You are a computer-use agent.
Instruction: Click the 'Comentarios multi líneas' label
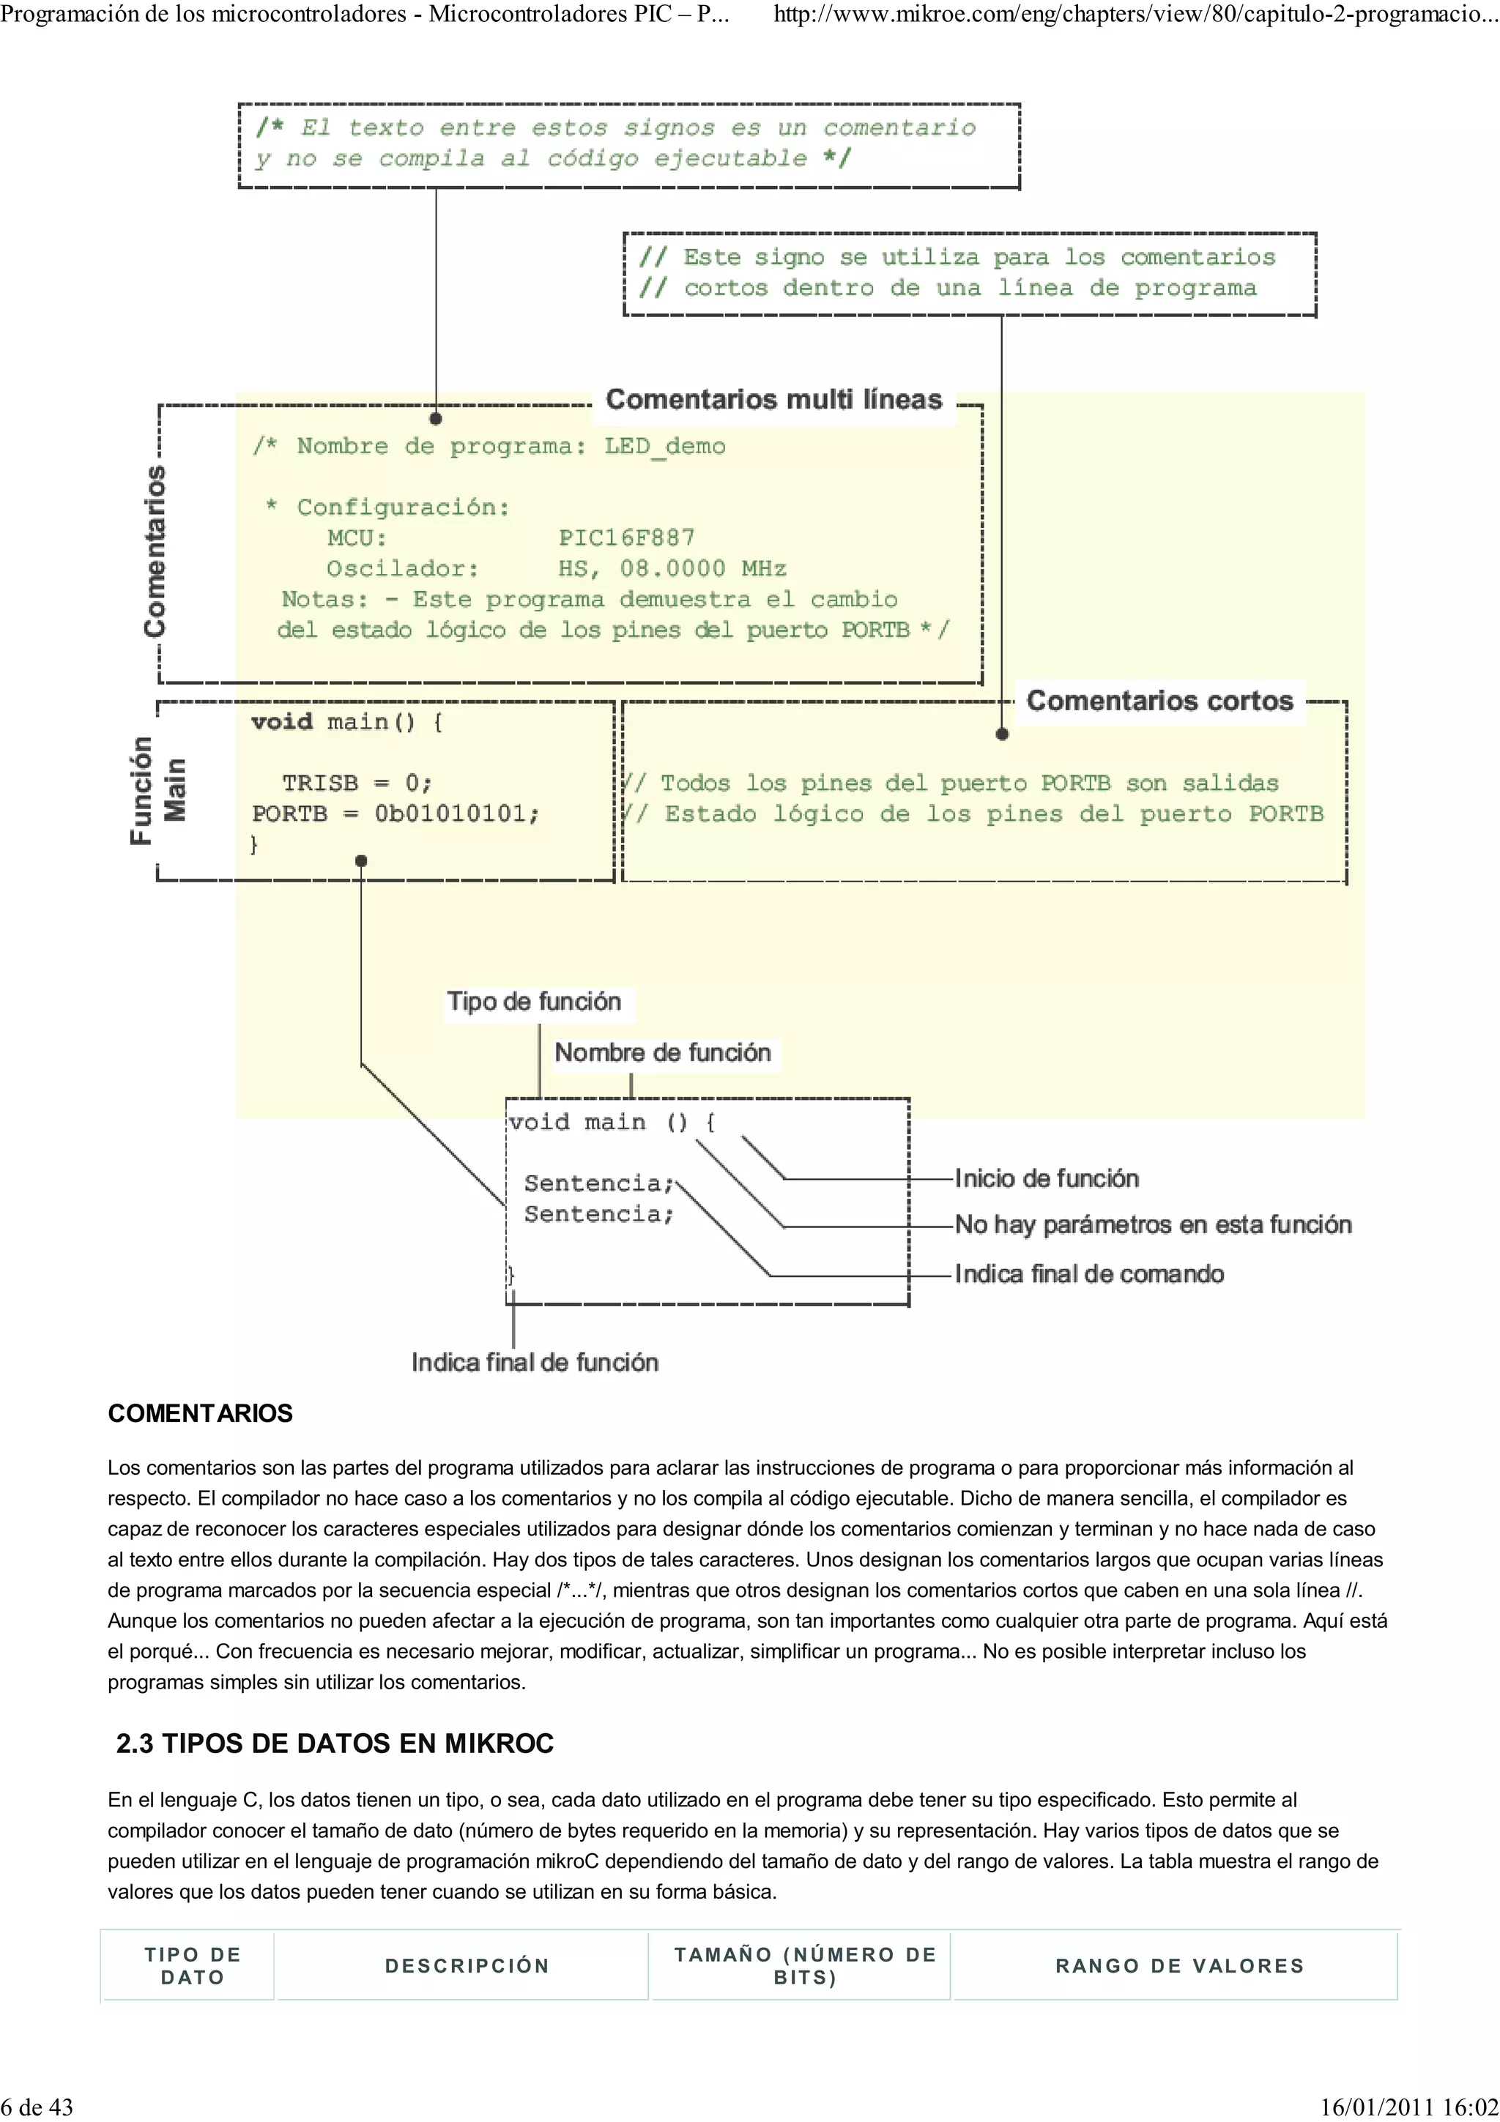773,401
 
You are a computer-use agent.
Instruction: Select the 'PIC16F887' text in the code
625,538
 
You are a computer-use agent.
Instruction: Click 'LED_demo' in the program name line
664,447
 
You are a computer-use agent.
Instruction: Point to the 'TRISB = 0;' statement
357,783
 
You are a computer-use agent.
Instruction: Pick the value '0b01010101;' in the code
456,814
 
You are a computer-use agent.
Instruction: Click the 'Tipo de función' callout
534,1002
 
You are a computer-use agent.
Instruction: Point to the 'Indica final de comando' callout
1088,1275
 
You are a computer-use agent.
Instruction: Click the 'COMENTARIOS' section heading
200,1413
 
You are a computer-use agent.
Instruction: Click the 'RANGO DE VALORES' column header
1179,1966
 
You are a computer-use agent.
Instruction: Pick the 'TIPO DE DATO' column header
192,1966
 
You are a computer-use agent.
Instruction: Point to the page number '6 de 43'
37,2107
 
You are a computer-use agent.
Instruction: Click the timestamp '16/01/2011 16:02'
1408,2107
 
